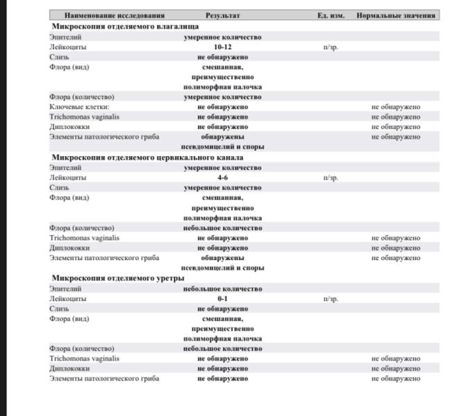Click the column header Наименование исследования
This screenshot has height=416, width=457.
click(114, 15)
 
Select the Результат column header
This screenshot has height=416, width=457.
click(223, 15)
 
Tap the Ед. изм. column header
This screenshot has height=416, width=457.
click(331, 15)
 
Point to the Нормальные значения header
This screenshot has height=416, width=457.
click(396, 15)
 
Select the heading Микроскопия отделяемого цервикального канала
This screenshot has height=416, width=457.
click(147, 157)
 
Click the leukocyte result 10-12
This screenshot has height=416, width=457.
click(223, 47)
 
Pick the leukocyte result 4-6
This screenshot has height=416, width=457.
click(223, 177)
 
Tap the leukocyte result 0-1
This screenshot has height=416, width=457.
click(223, 299)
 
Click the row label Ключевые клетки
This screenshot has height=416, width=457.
click(79, 107)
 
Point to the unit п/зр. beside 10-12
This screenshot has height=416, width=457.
click(331, 47)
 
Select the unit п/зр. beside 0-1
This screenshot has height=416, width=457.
click(331, 299)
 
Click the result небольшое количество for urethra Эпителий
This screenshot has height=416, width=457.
click(223, 289)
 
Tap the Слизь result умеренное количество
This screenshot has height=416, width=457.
click(223, 188)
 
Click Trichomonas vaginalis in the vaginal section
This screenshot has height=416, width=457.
click(84, 117)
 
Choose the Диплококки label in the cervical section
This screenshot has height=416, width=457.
click(69, 248)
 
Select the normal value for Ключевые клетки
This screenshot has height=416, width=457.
click(395, 107)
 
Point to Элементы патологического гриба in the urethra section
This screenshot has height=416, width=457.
click(104, 379)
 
